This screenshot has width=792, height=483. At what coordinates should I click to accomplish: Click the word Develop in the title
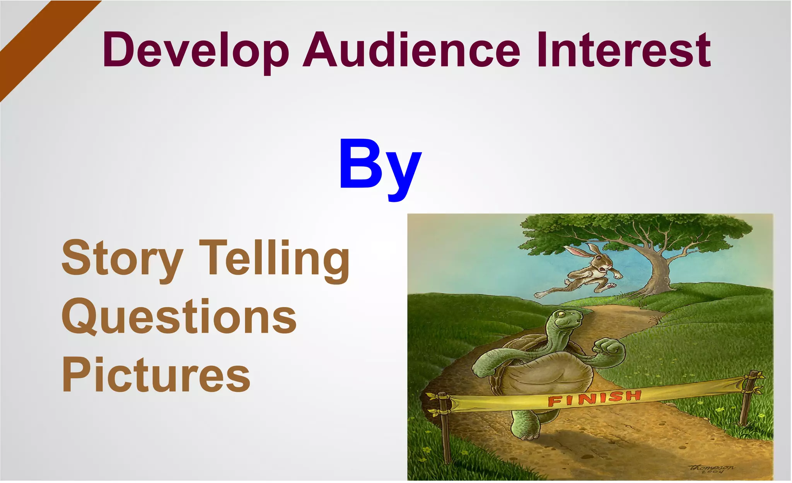(196, 50)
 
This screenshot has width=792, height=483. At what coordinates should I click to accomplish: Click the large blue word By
(380, 166)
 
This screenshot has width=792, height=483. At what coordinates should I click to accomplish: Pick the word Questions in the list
(179, 317)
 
